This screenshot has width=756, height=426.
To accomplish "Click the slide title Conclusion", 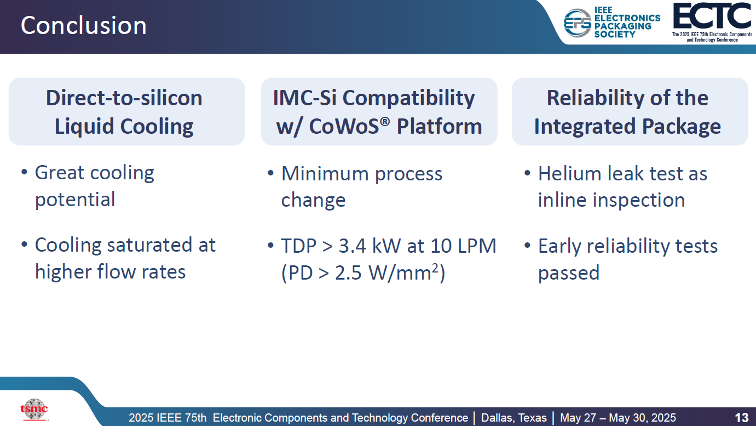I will click(84, 26).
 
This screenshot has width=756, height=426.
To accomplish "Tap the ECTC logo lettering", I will click(712, 16).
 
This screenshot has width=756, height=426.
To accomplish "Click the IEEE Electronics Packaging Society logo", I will click(611, 22).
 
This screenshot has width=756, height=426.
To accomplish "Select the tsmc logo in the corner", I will click(34, 408).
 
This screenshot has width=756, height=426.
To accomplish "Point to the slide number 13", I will click(741, 418).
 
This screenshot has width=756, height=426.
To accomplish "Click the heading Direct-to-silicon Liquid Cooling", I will click(124, 112).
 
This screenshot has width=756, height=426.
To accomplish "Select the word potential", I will click(75, 200).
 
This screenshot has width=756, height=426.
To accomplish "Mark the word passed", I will click(569, 273).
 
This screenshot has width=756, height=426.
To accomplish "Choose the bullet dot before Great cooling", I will click(24, 172).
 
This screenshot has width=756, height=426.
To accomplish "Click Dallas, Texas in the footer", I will click(513, 418).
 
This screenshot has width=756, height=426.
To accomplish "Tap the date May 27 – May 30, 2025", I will click(618, 418).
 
